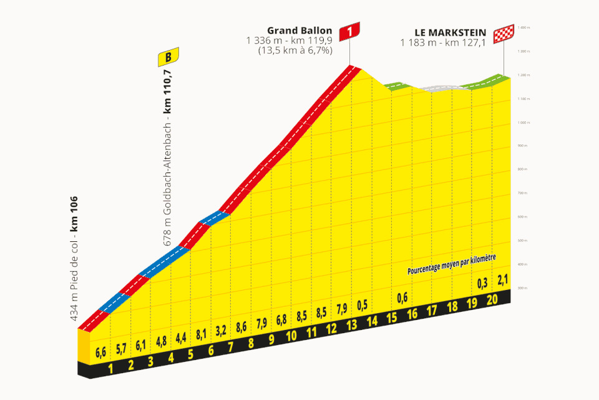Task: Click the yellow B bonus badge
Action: [168, 58]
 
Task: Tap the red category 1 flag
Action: [350, 31]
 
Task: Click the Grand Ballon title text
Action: [299, 30]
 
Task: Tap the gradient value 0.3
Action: [482, 282]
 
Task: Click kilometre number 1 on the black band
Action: [110, 368]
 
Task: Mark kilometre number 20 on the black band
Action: [492, 300]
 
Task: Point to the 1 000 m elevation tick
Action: [522, 122]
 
